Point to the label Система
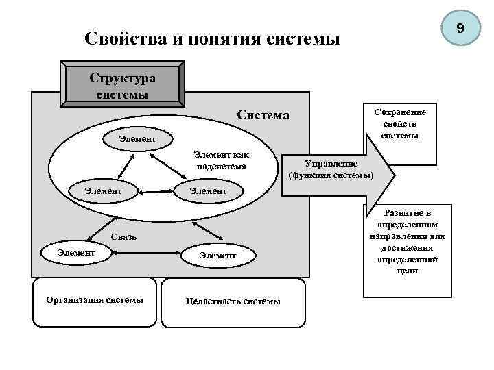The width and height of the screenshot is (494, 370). click(x=263, y=114)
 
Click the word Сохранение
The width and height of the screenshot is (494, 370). click(x=400, y=112)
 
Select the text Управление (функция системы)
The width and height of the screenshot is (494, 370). click(x=331, y=169)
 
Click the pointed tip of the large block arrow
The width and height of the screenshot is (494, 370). click(x=393, y=175)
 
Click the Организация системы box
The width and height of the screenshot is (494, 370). click(x=95, y=301)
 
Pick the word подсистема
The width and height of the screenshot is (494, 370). click(x=221, y=166)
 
